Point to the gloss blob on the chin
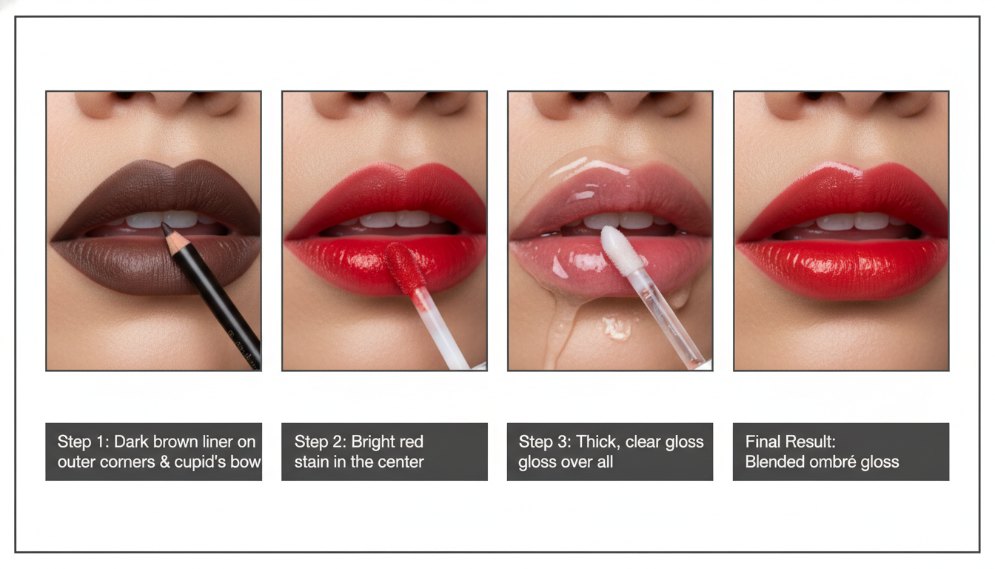tap(617, 328)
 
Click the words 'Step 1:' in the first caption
tap(83, 442)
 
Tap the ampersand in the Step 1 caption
tap(165, 462)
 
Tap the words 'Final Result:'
tap(790, 442)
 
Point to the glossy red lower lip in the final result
tap(842, 267)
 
